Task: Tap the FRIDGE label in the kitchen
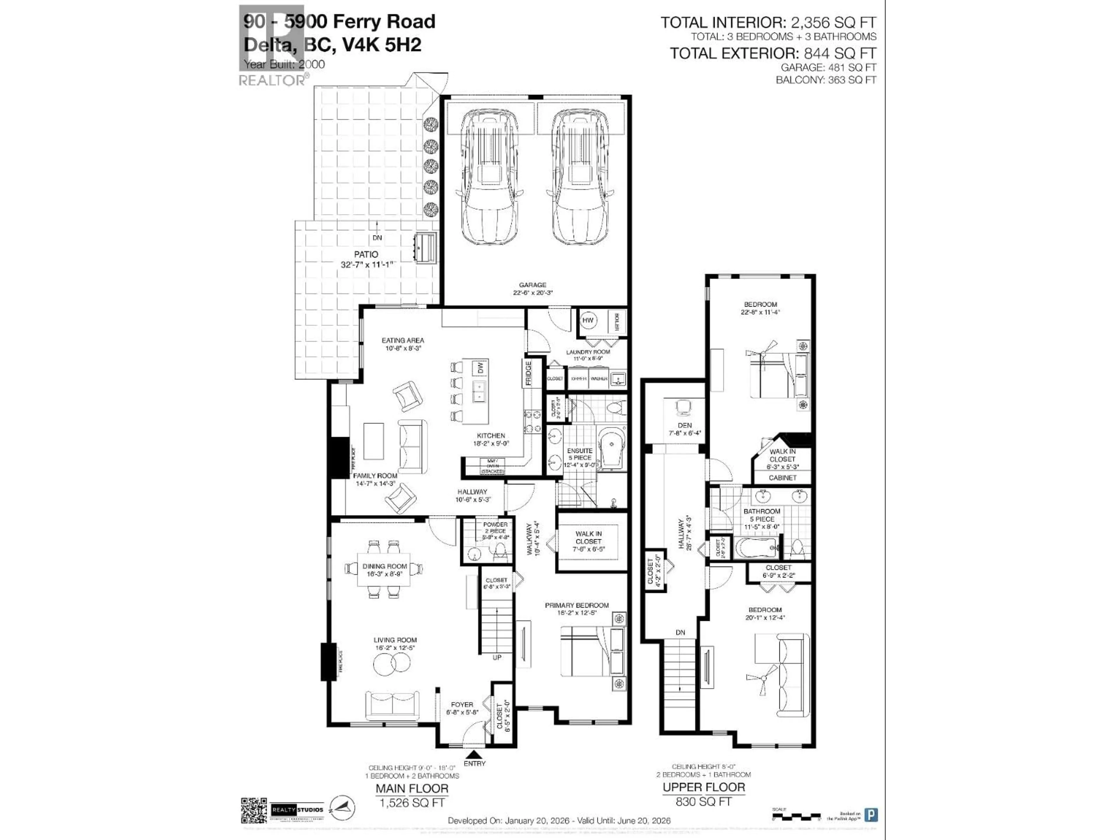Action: (528, 373)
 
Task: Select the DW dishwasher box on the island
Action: (480, 367)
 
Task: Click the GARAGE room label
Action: (533, 285)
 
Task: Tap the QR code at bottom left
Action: (254, 811)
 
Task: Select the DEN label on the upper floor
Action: (685, 425)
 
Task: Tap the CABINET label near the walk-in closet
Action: (782, 477)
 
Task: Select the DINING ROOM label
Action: (385, 566)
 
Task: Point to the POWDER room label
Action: (495, 524)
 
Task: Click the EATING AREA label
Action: (403, 341)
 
